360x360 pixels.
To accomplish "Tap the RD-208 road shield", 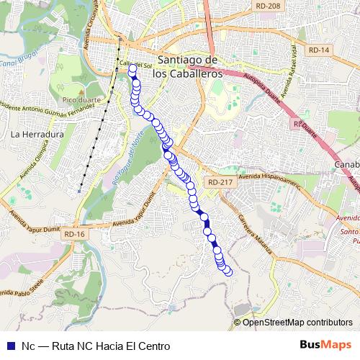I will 267,6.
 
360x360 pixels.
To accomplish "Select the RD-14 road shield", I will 317,50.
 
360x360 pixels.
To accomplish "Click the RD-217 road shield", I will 219,183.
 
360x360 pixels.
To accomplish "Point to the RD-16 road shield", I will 74,234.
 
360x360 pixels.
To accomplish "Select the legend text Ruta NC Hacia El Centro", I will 114,346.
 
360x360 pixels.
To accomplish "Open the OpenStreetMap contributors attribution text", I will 297,323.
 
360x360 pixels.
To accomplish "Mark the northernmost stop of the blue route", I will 132,70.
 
